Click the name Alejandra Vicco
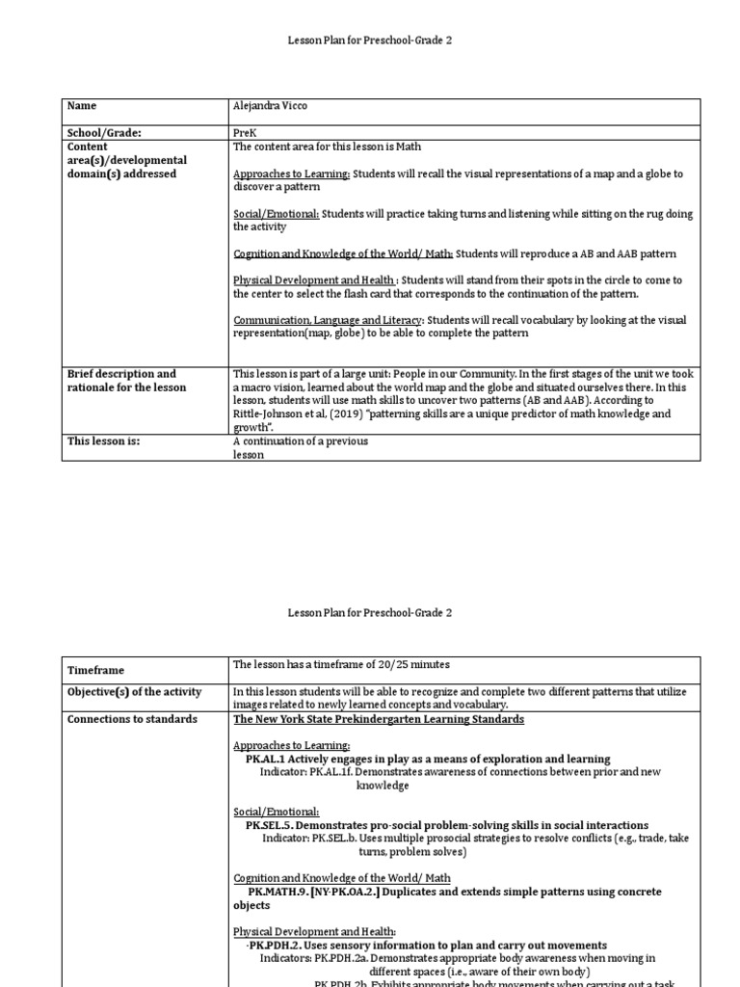coord(270,106)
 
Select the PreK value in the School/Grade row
coord(245,133)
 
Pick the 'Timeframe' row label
coord(95,670)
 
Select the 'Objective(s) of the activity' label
coord(134,692)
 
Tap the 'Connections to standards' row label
coord(131,719)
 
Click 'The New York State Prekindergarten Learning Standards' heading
coord(379,719)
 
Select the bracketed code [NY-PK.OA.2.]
coord(347,893)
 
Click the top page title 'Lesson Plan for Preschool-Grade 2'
coord(371,41)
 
